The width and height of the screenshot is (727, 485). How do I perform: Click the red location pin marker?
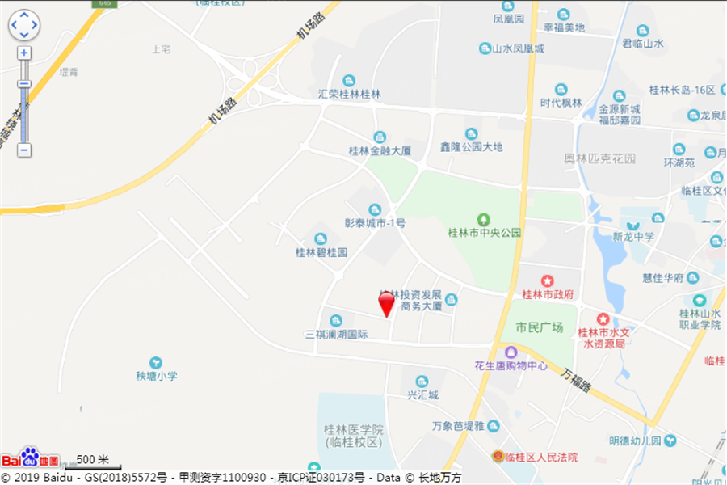point(387,303)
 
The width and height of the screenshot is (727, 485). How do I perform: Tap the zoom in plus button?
point(24,53)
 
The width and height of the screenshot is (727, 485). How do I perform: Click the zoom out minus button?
point(24,150)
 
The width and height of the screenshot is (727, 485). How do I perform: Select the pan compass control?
point(24,25)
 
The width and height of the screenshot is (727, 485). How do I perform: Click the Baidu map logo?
point(30,458)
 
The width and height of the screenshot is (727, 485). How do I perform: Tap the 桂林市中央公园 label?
point(485,233)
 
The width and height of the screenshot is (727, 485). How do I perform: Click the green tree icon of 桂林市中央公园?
point(484,219)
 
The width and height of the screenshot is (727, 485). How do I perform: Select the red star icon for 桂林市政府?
point(548,280)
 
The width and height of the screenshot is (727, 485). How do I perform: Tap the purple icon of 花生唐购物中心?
point(511,352)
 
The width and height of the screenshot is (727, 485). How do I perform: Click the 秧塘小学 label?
point(156,376)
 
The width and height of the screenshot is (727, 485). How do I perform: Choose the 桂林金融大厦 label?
point(380,150)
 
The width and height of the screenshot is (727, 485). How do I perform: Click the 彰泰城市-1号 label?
point(375,223)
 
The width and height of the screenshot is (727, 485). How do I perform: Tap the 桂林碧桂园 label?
point(321,252)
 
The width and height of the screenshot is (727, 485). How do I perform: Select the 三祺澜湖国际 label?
point(336,334)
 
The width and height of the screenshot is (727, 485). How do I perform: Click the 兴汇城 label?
point(422,394)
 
